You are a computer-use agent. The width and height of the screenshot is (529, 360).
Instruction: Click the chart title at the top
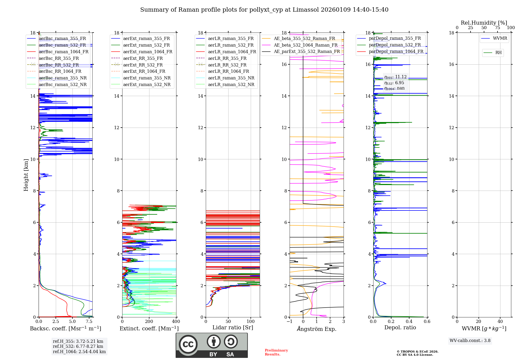(264, 10)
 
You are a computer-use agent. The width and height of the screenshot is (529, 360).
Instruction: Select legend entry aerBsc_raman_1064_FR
(63, 52)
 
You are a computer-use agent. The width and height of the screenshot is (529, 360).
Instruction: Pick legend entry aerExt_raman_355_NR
(147, 78)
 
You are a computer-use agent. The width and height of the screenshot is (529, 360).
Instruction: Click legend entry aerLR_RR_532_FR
(227, 65)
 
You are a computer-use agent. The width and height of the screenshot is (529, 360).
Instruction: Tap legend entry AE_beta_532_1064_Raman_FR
(305, 45)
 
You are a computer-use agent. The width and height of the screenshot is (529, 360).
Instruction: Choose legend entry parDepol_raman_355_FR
(395, 38)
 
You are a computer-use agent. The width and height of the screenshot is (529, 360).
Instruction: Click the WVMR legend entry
(500, 38)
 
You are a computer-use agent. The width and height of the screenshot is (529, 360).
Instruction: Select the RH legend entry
(498, 53)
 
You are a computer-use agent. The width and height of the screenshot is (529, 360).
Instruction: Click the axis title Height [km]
(26, 175)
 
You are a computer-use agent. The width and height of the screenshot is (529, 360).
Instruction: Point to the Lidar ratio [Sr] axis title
(233, 327)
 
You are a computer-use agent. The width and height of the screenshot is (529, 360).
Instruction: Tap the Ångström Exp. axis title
(317, 329)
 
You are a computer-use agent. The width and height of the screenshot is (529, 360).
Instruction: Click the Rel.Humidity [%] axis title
(484, 23)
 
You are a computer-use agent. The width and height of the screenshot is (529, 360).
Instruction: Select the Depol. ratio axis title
(400, 327)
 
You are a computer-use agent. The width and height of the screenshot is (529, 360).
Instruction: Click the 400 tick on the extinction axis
(176, 322)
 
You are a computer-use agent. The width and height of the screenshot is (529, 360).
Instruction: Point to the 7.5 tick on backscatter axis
(89, 322)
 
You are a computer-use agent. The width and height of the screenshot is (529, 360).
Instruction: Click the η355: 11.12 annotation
(395, 77)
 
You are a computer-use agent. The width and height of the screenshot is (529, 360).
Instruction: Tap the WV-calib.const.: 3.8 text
(470, 341)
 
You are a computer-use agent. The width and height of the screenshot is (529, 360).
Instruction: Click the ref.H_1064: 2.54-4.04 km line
(79, 352)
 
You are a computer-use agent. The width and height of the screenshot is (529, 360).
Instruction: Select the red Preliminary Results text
(276, 352)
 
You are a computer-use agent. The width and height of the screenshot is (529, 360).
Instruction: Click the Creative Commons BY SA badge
(212, 345)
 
